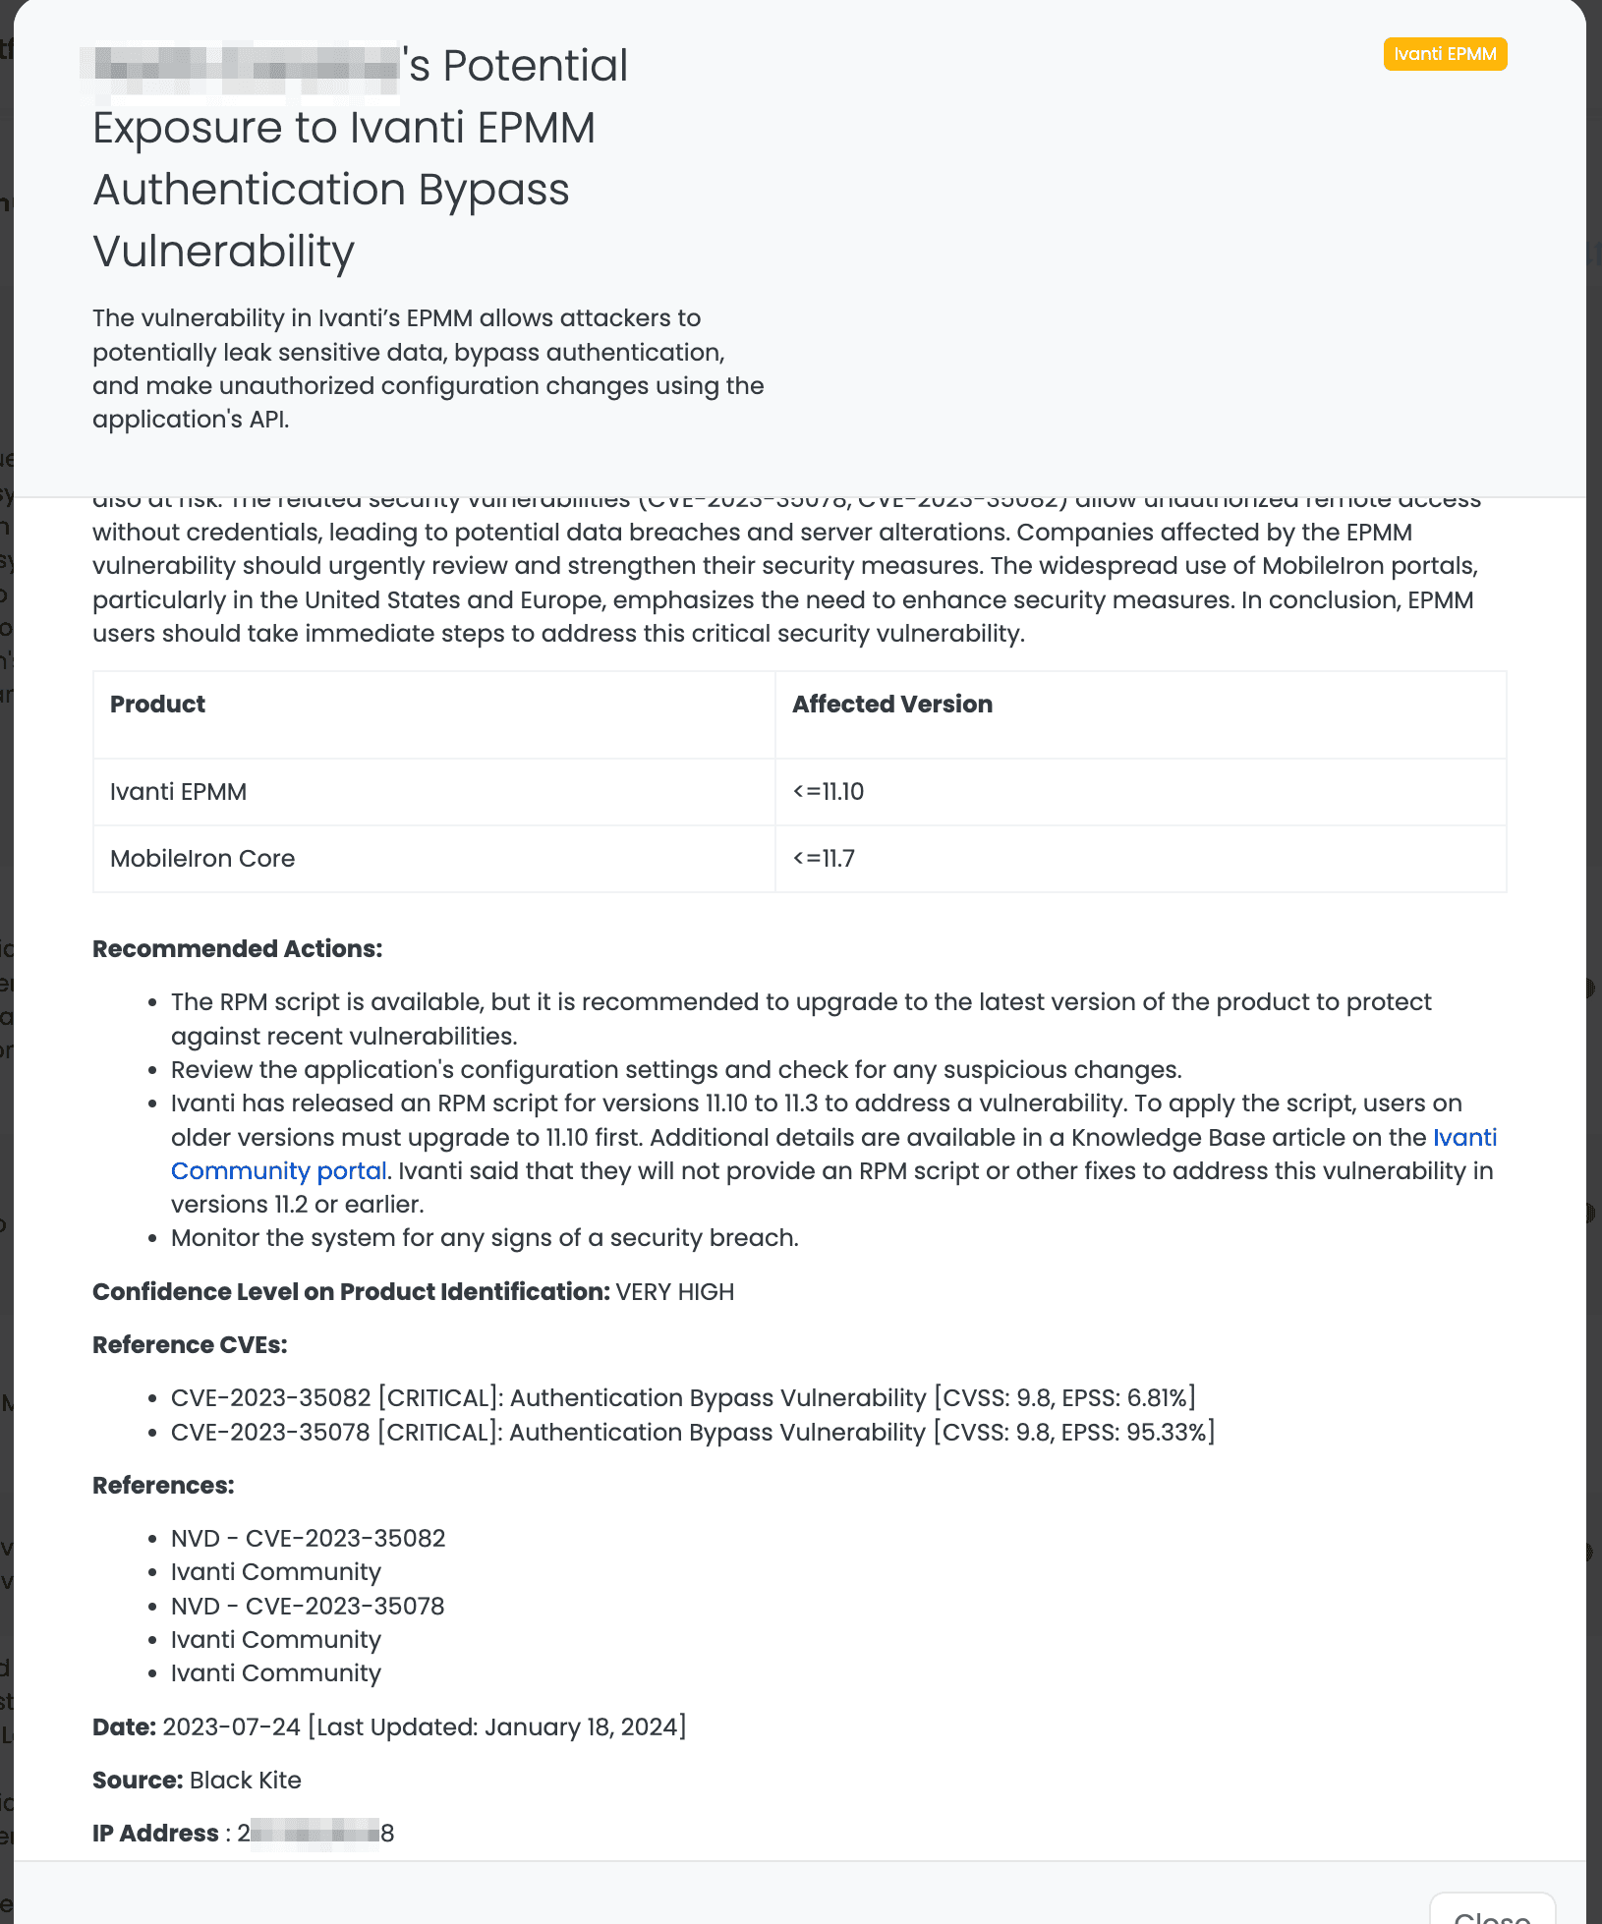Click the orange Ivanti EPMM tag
coord(1445,54)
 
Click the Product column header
coord(157,705)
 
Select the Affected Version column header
coord(891,705)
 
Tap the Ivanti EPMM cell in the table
coord(178,792)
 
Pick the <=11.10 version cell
coord(828,792)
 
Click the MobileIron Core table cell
coord(201,859)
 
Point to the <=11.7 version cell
coord(824,859)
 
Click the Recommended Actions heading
coord(237,949)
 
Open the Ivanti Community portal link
coord(279,1171)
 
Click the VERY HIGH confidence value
coord(674,1292)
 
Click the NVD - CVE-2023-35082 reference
coord(308,1539)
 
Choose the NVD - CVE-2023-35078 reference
coord(308,1607)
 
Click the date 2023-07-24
coord(231,1727)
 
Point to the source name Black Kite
coord(245,1781)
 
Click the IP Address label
coord(155,1834)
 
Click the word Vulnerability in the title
coord(223,252)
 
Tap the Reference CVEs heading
coord(190,1345)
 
